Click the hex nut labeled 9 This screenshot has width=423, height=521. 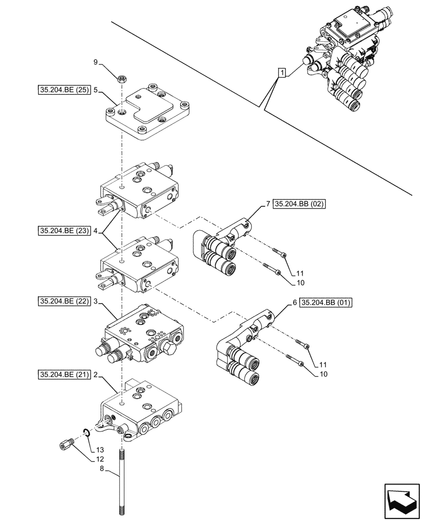[121, 80]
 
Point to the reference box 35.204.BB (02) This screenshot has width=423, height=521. [299, 204]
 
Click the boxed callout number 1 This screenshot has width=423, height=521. [281, 72]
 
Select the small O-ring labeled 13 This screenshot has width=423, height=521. [86, 431]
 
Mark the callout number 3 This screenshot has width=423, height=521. [96, 302]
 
